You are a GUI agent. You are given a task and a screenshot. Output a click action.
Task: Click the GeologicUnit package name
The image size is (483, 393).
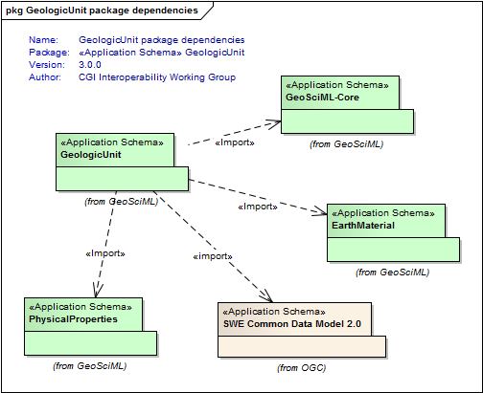pyautogui.click(x=91, y=155)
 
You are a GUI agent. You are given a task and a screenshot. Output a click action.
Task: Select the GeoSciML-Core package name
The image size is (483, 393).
pyautogui.click(x=322, y=98)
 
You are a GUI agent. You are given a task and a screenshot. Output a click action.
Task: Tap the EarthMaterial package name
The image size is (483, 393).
pyautogui.click(x=363, y=226)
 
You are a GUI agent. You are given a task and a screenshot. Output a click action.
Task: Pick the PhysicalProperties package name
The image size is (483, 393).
pyautogui.click(x=73, y=319)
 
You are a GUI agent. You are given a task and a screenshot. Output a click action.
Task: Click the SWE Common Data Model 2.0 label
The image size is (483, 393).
pyautogui.click(x=292, y=324)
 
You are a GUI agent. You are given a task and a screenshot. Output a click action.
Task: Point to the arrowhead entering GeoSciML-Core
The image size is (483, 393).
pyautogui.click(x=275, y=123)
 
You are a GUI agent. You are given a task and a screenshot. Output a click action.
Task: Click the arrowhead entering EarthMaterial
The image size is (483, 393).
pyautogui.click(x=320, y=211)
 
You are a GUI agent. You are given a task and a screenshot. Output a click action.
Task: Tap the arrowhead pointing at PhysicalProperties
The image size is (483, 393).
pyautogui.click(x=98, y=290)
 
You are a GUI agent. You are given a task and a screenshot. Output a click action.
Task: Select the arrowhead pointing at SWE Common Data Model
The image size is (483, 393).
pyautogui.click(x=266, y=296)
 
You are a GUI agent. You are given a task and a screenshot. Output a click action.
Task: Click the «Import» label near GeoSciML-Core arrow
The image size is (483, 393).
pyautogui.click(x=235, y=142)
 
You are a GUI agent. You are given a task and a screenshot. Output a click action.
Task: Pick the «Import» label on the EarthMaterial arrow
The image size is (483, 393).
pyautogui.click(x=258, y=207)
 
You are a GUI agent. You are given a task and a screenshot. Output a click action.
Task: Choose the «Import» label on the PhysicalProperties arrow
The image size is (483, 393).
pyautogui.click(x=105, y=253)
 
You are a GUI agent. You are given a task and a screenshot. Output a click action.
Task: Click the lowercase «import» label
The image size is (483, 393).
pyautogui.click(x=213, y=256)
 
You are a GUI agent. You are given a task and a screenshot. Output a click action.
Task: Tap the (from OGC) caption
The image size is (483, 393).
pyautogui.click(x=302, y=368)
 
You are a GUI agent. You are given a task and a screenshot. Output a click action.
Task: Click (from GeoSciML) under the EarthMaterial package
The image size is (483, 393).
pyautogui.click(x=393, y=273)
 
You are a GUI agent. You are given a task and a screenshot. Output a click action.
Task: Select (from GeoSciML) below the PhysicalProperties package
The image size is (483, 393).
pyautogui.click(x=90, y=366)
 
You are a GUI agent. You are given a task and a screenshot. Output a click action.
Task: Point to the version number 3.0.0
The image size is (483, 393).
pyautogui.click(x=90, y=65)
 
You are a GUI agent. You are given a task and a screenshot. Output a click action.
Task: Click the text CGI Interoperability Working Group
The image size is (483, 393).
pyautogui.click(x=157, y=77)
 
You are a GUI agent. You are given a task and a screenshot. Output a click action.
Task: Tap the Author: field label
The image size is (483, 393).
pyautogui.click(x=45, y=77)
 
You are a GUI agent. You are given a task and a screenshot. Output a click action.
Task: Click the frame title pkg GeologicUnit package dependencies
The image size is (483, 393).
pyautogui.click(x=103, y=11)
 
